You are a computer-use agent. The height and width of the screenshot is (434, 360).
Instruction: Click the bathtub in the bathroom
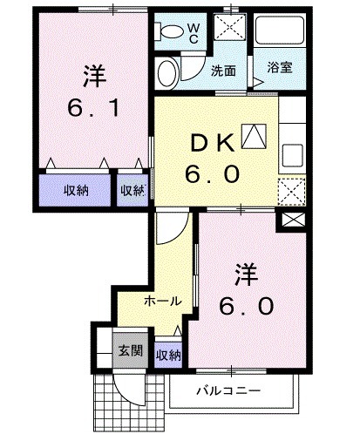279,32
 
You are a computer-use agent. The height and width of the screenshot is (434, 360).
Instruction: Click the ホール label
162,302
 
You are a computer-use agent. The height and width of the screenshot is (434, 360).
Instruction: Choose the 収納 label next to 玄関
168,355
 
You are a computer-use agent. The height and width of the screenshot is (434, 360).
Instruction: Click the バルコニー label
228,390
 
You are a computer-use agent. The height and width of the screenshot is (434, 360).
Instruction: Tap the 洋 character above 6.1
93,77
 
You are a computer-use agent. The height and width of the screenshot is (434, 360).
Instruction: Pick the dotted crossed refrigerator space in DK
290,189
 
